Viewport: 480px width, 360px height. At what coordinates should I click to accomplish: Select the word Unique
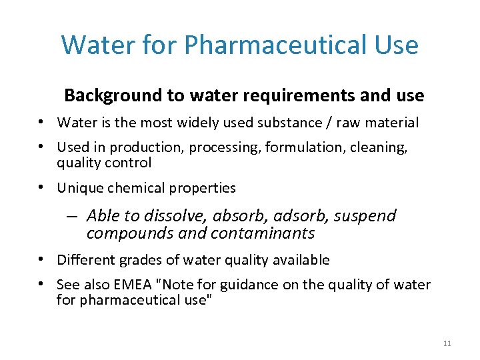coord(79,188)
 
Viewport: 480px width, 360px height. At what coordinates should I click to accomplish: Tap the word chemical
coord(132,188)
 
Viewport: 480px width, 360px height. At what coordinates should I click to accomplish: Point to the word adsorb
coord(297,215)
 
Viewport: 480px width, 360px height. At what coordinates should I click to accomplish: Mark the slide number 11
coord(447,343)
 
